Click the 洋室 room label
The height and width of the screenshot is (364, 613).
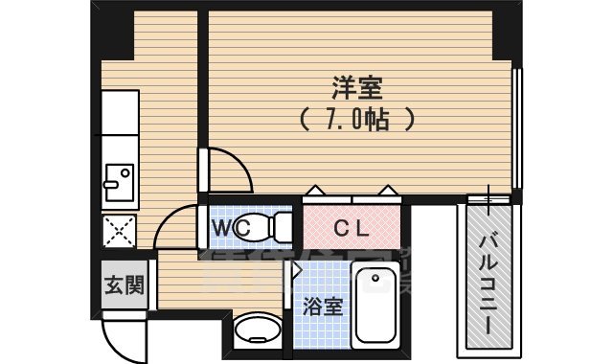[358, 89]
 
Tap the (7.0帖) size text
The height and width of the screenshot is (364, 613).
[357, 120]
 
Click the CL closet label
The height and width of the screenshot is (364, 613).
[352, 229]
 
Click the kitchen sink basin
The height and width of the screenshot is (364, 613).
[120, 182]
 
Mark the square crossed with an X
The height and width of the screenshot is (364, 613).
[120, 232]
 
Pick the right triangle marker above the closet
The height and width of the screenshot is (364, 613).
[388, 191]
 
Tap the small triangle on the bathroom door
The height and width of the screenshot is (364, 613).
[298, 271]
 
